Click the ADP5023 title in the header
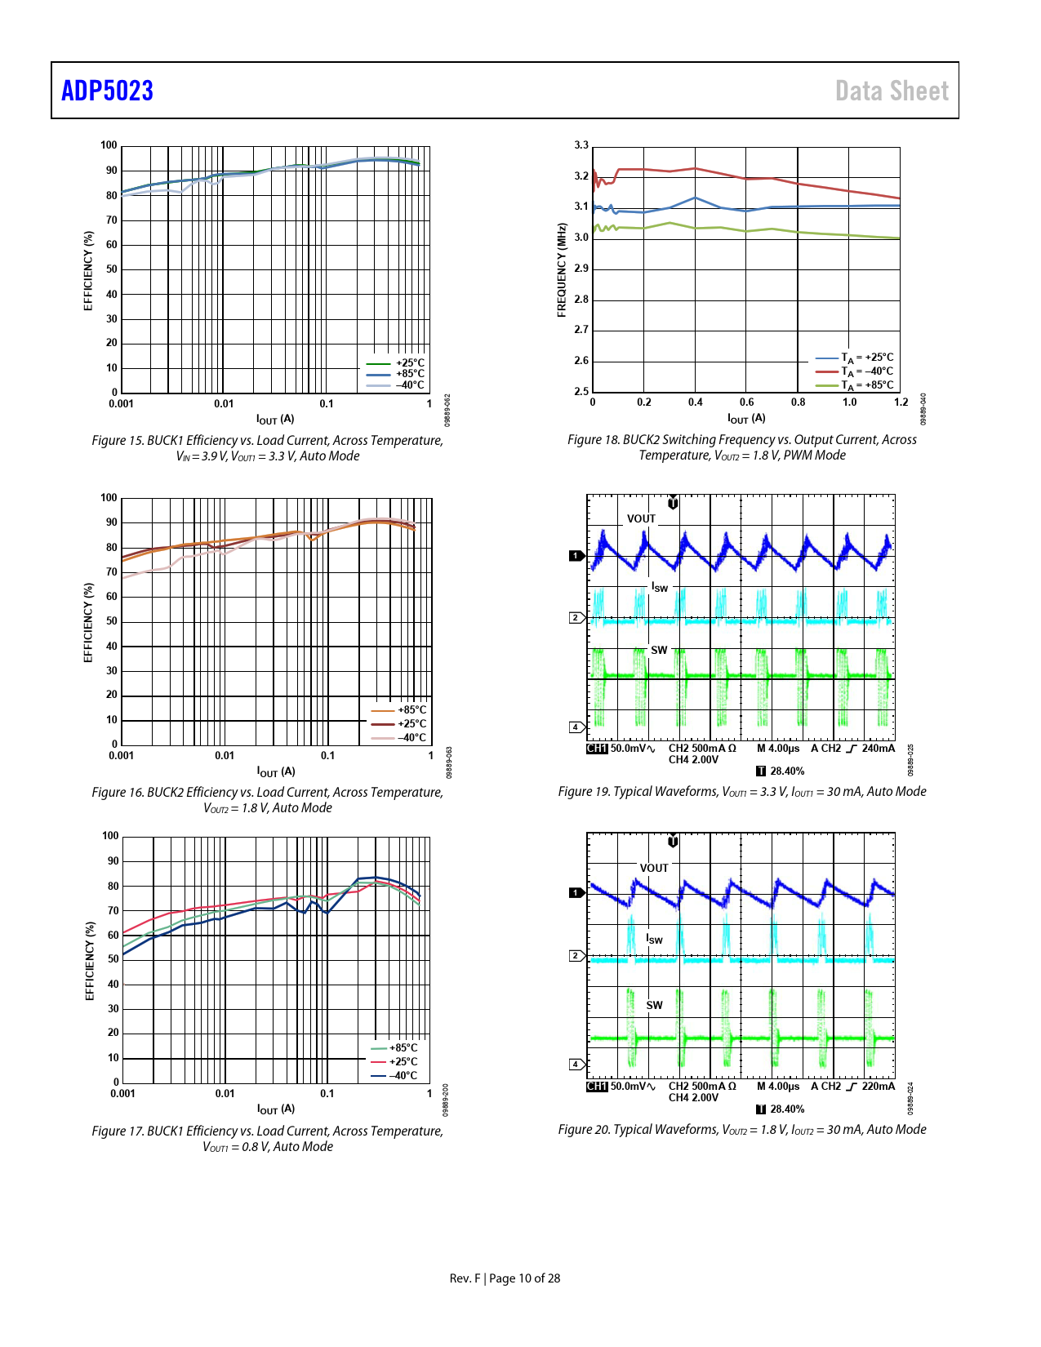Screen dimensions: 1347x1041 (107, 91)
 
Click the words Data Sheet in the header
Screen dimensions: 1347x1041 (892, 91)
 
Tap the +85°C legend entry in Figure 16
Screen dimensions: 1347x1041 (412, 710)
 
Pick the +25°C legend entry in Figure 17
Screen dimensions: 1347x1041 (403, 1062)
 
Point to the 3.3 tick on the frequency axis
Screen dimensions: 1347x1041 (581, 145)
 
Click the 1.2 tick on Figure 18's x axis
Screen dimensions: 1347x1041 (901, 402)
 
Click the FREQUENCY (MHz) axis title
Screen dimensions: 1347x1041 (562, 270)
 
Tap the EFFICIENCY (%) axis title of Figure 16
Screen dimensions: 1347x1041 (88, 623)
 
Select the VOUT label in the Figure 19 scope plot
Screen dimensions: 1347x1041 (642, 518)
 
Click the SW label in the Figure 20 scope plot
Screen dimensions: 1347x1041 (655, 1005)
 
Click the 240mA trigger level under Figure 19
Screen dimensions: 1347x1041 (878, 749)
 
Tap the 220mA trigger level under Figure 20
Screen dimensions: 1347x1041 (878, 1087)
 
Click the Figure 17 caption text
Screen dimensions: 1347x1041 (268, 1139)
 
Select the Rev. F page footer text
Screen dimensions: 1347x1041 (505, 1278)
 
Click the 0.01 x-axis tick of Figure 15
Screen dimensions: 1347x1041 (224, 403)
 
